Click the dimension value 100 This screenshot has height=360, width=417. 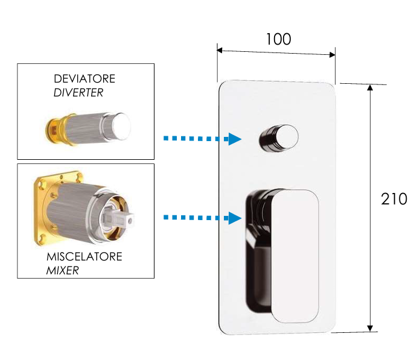278,39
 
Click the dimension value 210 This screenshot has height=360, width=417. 394,198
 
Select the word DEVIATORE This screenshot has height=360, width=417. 84,79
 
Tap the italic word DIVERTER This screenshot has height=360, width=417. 78,93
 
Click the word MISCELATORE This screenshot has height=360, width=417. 84,257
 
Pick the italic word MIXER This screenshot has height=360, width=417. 63,270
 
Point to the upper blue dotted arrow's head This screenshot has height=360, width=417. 235,139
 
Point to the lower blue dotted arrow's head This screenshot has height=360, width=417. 235,217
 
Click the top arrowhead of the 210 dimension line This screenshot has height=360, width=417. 370,88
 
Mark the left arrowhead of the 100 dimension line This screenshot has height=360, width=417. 221,51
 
